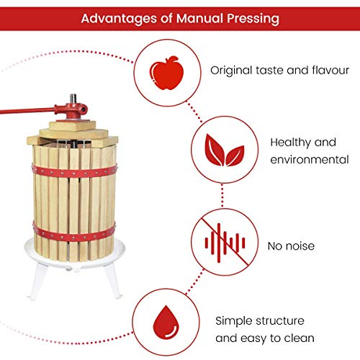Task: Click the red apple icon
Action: point(160,70)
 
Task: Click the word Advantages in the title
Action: point(117,17)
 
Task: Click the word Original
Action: point(232,71)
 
